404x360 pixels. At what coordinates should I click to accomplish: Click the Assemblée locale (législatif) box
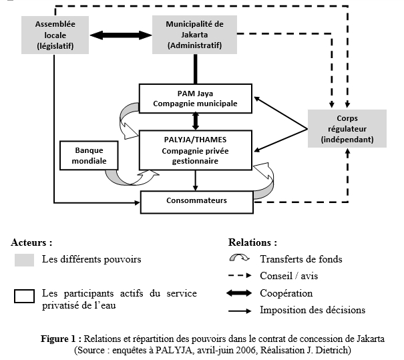tap(55, 35)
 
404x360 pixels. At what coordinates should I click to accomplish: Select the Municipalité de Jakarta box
tap(196, 35)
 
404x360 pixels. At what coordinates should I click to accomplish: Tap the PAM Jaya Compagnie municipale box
tap(195, 98)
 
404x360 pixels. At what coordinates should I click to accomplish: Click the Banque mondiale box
tap(86, 156)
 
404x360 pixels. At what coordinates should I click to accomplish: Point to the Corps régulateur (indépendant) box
tap(347, 129)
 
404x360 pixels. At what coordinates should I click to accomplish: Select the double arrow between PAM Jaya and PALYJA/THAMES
tap(195, 121)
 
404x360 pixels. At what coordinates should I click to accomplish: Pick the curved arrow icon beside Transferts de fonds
tap(238, 259)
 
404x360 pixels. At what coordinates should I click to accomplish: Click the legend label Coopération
tap(286, 293)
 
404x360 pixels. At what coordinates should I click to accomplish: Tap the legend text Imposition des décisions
tap(313, 309)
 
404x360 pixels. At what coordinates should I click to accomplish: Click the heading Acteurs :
tap(31, 242)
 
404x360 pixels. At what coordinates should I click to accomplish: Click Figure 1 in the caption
tap(61, 338)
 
